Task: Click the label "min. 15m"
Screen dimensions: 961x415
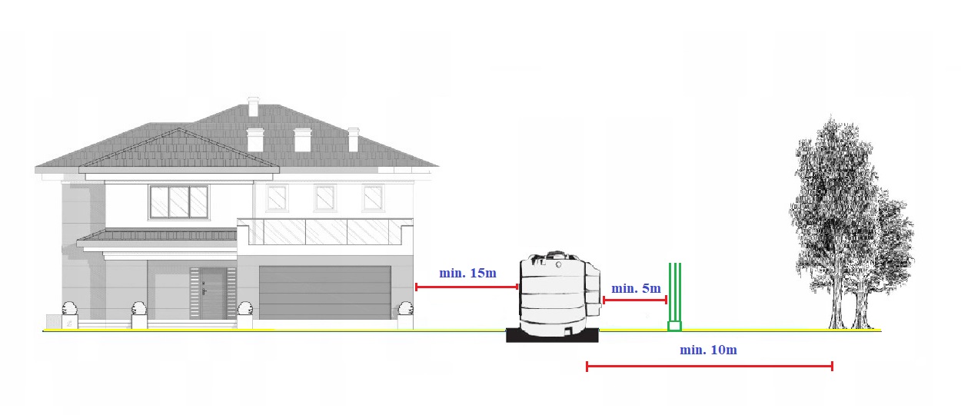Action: click(x=467, y=273)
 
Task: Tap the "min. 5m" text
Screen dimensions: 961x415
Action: click(x=636, y=289)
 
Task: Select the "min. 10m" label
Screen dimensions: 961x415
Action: click(x=708, y=350)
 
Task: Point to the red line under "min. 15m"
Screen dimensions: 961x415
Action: click(x=467, y=287)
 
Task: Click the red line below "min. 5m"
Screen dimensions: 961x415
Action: click(x=635, y=300)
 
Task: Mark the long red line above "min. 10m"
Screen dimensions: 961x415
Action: click(x=709, y=367)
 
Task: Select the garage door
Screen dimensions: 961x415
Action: click(x=325, y=292)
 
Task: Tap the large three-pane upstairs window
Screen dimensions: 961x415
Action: click(x=178, y=202)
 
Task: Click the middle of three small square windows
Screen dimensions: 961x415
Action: click(x=324, y=198)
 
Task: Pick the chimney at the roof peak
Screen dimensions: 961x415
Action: click(x=253, y=106)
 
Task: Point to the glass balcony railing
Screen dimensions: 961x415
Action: click(x=324, y=231)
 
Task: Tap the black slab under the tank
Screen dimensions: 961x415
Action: click(x=553, y=336)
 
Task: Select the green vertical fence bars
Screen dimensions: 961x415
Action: click(x=674, y=292)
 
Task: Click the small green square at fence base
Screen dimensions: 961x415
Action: click(x=674, y=326)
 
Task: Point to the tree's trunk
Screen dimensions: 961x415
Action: click(x=836, y=307)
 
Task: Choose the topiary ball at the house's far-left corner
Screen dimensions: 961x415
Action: click(x=69, y=309)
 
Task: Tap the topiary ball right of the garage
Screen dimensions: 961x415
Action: click(x=405, y=309)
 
